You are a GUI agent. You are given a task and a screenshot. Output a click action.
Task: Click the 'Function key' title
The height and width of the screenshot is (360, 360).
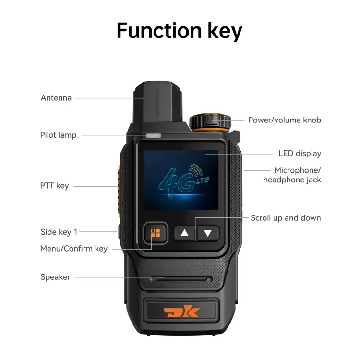click(x=180, y=31)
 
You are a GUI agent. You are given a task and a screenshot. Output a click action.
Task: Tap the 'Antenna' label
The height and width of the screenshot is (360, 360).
click(x=56, y=98)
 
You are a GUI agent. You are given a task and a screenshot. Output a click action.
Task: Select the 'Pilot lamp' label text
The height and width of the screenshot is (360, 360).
click(x=58, y=135)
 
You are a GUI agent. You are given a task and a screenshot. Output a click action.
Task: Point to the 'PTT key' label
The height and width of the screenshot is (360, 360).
click(x=54, y=186)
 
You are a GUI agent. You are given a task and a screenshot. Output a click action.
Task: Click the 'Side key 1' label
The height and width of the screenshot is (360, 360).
click(x=59, y=232)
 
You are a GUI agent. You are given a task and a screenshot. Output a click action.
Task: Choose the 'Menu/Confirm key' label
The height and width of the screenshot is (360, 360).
click(x=74, y=249)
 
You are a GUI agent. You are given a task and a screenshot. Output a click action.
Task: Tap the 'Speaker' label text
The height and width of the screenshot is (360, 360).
click(x=55, y=277)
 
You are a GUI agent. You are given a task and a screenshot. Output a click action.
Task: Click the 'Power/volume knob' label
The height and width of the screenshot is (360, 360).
click(x=285, y=120)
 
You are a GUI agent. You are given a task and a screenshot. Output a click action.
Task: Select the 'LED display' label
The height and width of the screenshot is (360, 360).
click(x=300, y=154)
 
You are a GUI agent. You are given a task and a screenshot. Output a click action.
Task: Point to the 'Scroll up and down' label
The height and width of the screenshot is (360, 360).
click(x=286, y=218)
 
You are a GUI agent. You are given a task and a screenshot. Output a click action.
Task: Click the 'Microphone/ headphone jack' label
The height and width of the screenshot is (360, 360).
click(x=292, y=175)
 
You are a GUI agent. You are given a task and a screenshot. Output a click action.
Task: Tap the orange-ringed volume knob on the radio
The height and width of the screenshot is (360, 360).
click(x=210, y=122)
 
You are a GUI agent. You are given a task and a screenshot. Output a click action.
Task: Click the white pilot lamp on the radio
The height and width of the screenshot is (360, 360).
click(x=154, y=136)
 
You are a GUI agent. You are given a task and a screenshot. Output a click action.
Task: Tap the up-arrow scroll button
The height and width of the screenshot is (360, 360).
click(x=184, y=233)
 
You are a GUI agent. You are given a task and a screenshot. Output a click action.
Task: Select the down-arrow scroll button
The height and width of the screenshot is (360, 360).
click(x=208, y=233)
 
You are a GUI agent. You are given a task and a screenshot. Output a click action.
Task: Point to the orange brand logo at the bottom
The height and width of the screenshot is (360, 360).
click(x=181, y=311)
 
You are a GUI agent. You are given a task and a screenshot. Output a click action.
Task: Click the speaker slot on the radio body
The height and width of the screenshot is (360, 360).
click(x=181, y=279)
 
